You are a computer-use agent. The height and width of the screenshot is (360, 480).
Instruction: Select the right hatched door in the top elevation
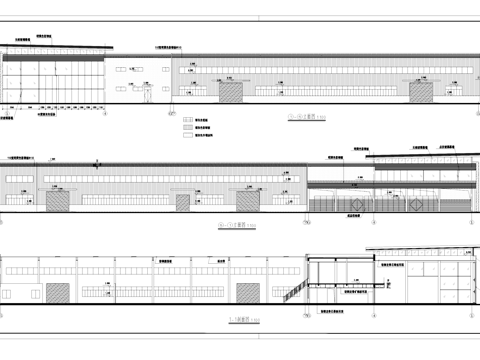[421, 93]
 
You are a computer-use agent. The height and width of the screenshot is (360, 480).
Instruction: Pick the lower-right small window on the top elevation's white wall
[159, 85]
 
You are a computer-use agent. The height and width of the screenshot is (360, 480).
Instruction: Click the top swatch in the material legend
[186, 118]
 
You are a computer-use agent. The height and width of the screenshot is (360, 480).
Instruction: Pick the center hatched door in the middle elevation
[183, 203]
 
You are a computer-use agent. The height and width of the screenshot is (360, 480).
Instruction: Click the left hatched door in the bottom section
[58, 292]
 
